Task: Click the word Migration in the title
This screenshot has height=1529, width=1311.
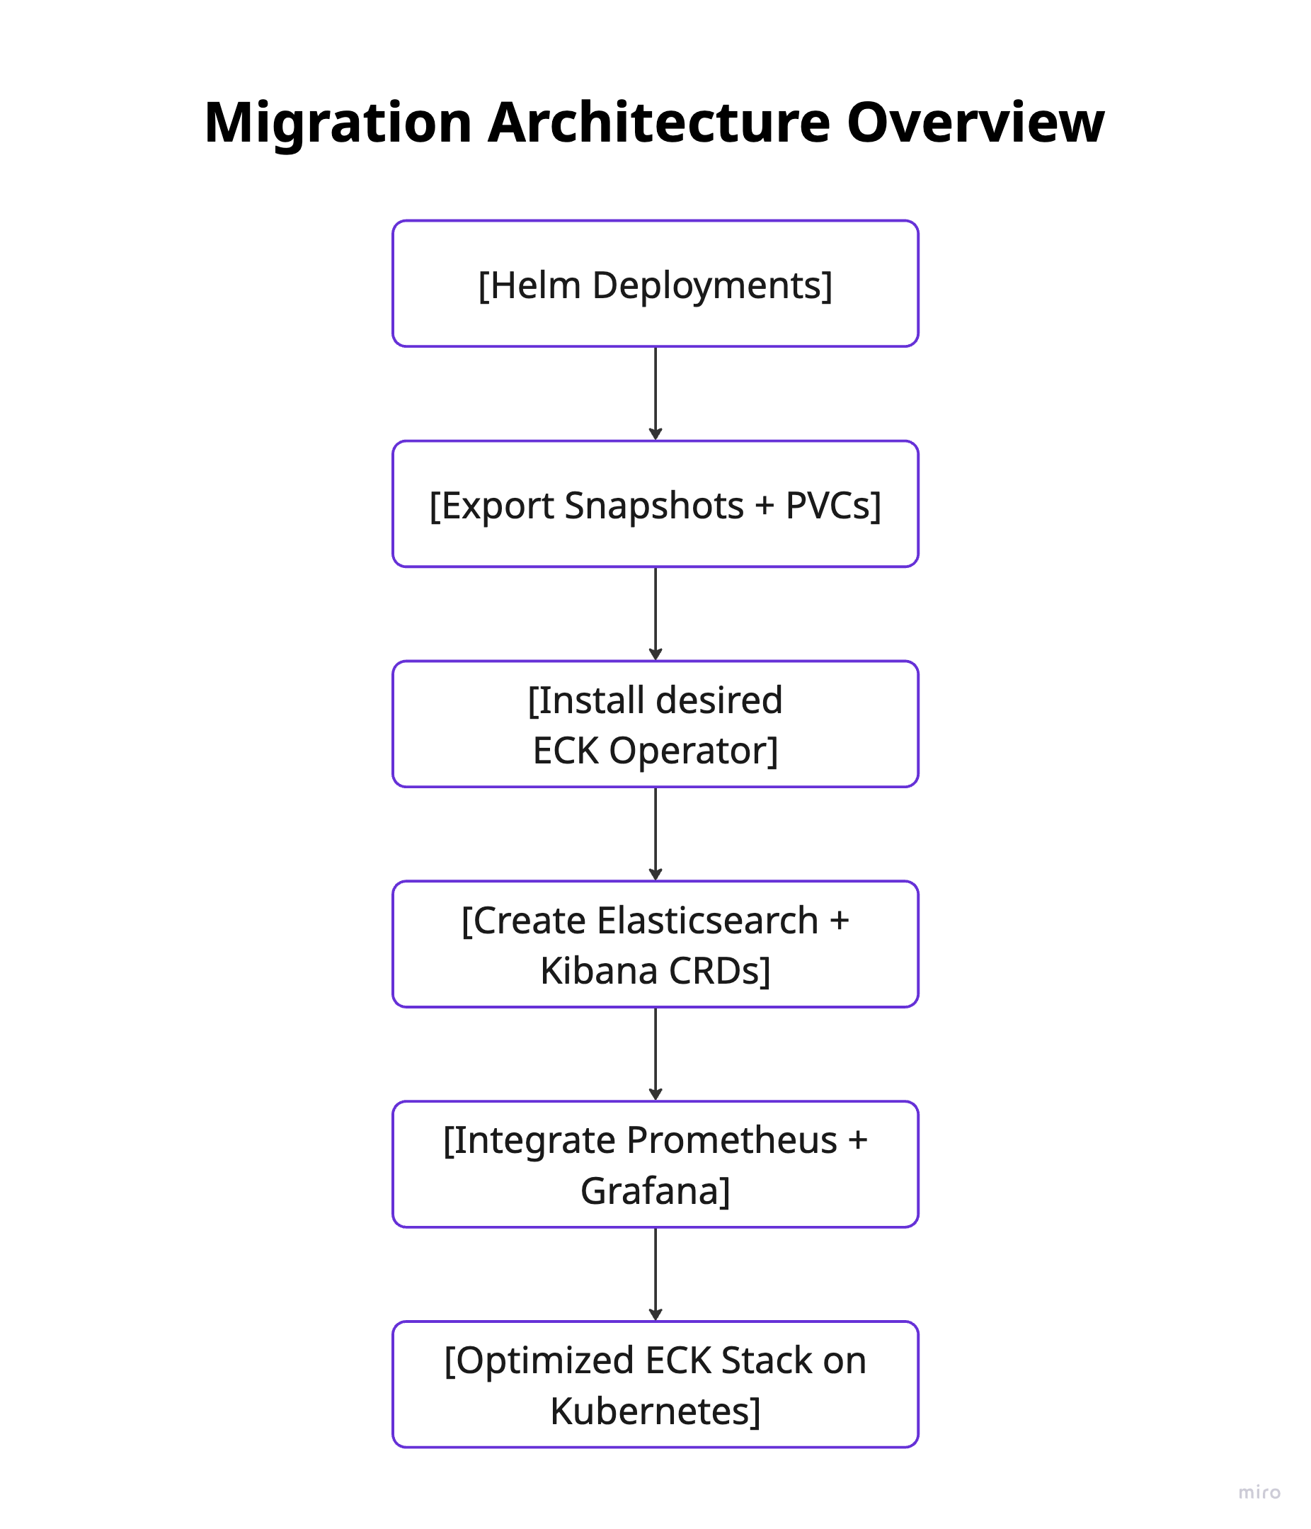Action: tap(337, 123)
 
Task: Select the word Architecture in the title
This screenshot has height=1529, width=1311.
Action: tap(659, 123)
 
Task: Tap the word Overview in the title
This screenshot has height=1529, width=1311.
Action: tap(975, 123)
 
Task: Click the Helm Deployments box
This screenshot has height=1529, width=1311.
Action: tap(655, 284)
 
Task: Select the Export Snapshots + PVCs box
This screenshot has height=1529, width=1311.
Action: tap(655, 505)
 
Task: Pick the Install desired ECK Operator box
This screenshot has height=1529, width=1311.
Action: tap(655, 724)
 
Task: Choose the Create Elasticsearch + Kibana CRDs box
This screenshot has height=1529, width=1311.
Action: tap(655, 945)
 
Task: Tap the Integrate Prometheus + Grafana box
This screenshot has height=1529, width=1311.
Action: tap(655, 1164)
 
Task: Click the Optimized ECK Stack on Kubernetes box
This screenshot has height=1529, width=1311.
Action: tap(655, 1385)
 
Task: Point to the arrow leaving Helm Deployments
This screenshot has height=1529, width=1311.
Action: tap(655, 393)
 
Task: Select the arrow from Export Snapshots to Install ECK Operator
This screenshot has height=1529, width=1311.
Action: tap(655, 613)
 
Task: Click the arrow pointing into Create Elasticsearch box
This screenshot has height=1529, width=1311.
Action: tap(655, 834)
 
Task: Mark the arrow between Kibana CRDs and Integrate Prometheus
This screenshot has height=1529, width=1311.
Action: tap(655, 1054)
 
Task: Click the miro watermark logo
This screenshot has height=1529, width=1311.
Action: tap(1259, 1492)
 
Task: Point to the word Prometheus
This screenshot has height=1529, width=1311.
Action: tap(732, 1141)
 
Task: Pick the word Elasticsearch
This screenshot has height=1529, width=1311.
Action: tap(707, 921)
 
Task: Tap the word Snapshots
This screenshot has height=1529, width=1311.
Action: tap(654, 506)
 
